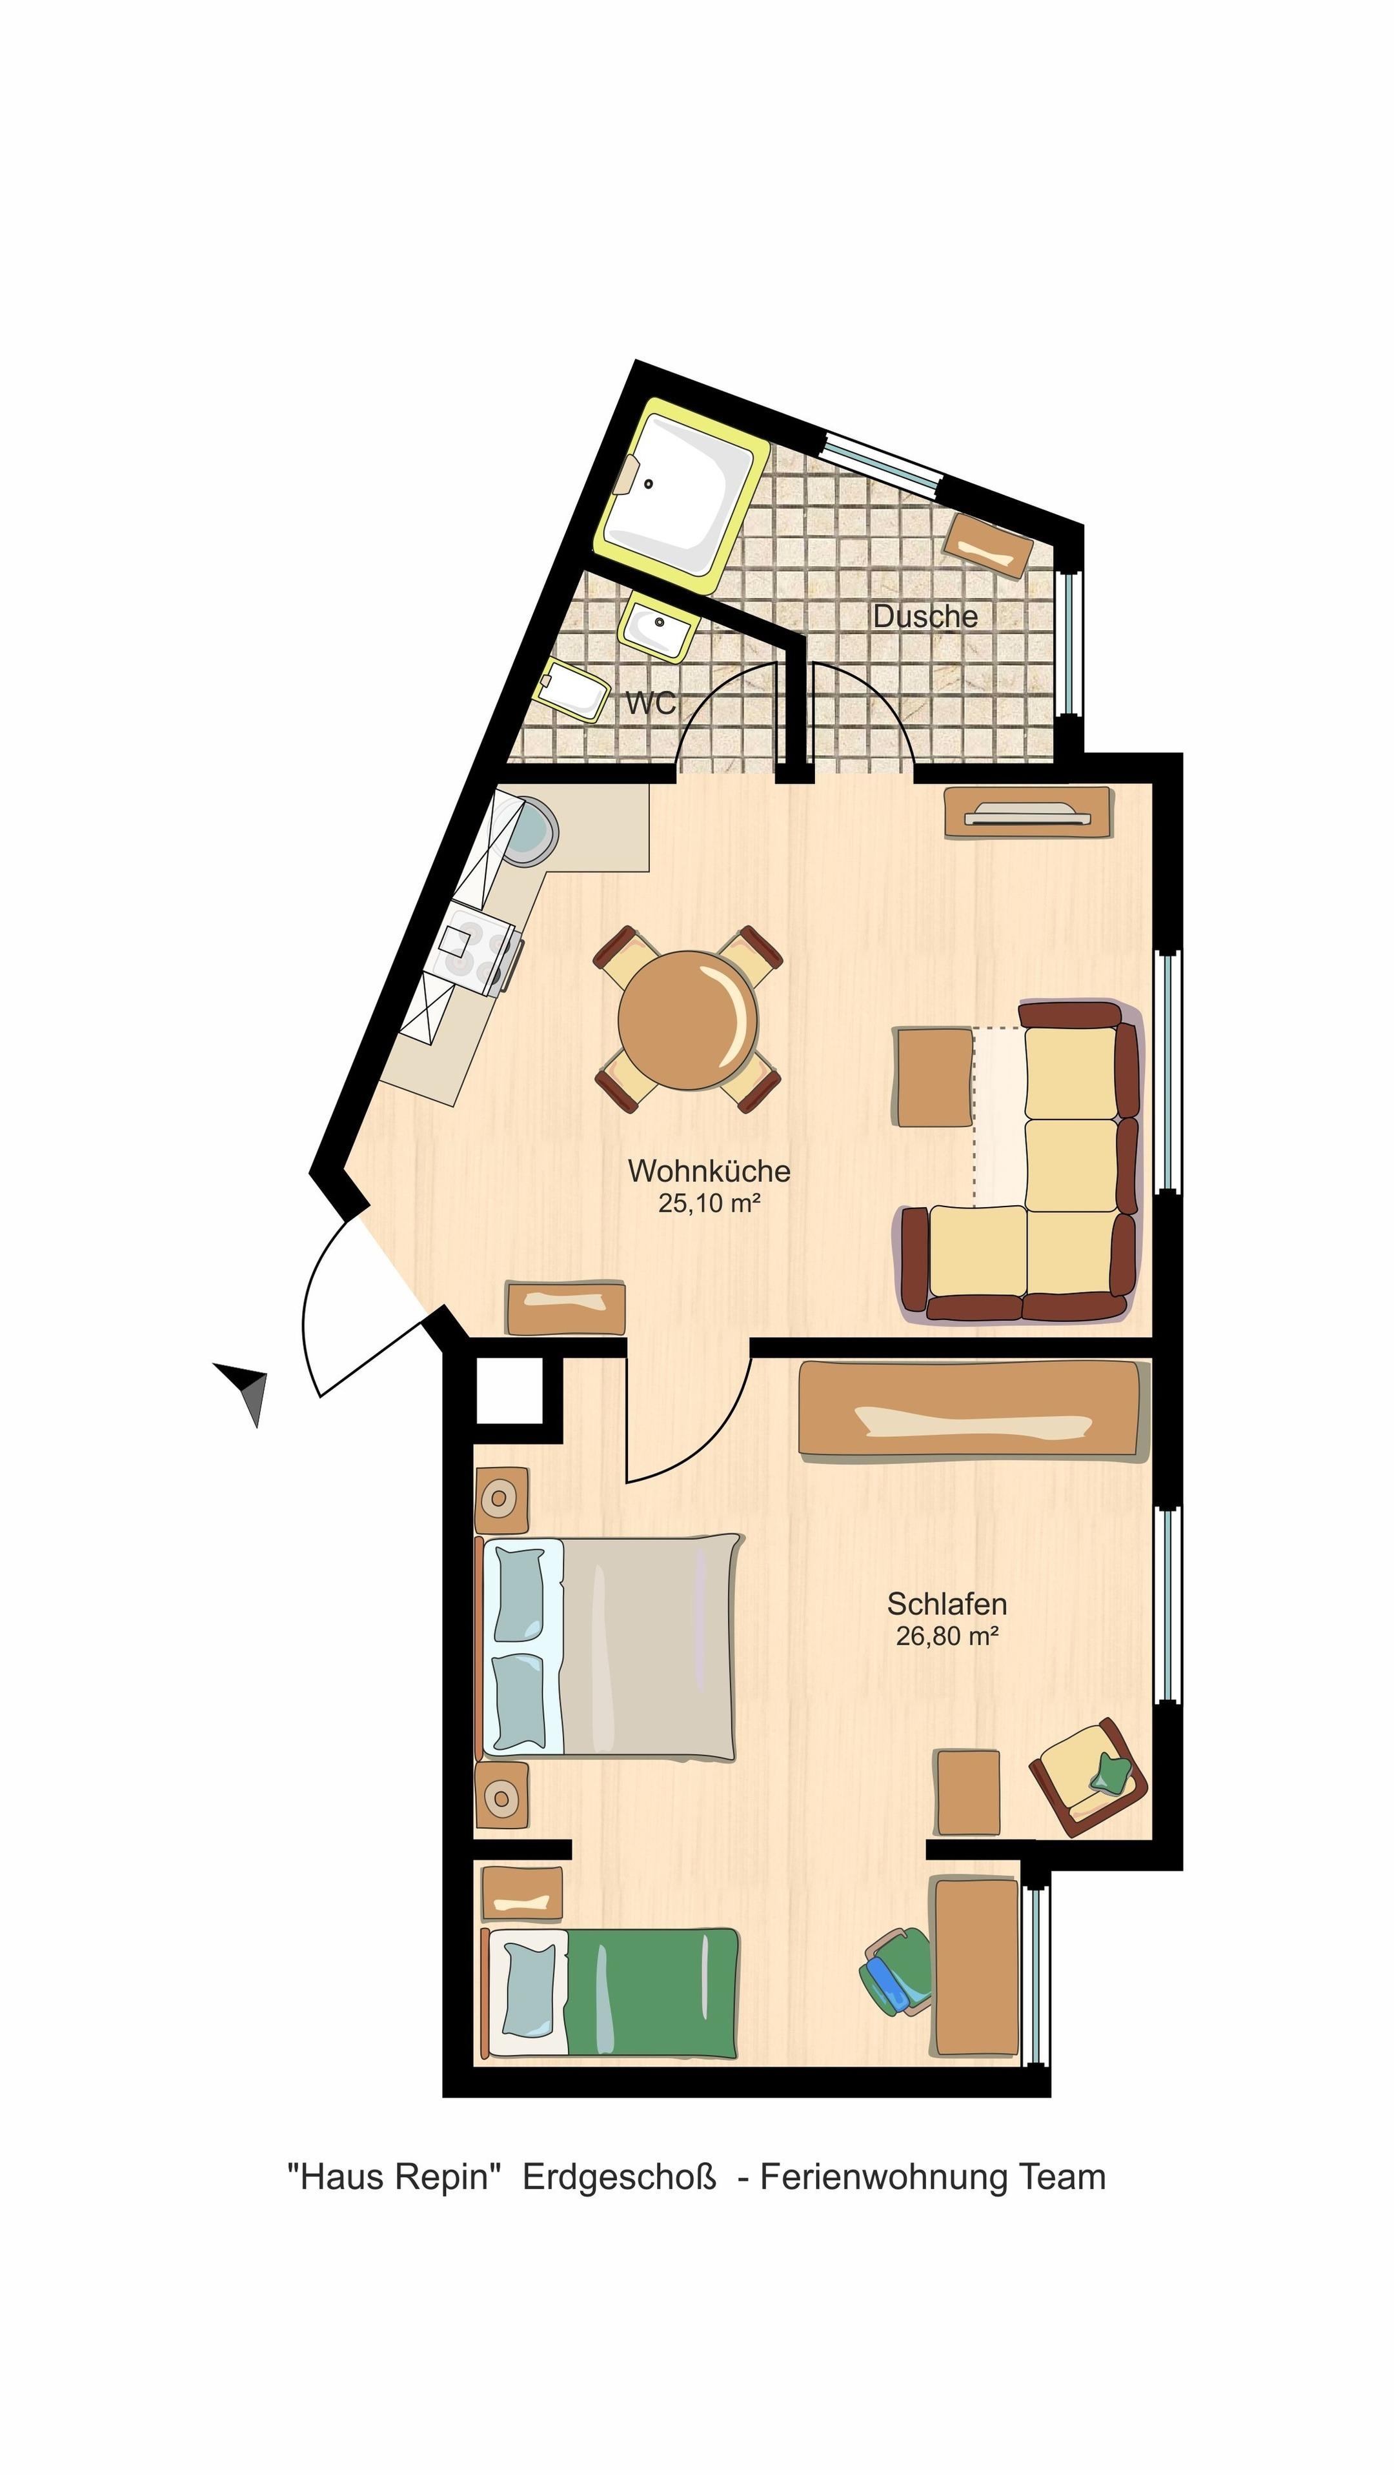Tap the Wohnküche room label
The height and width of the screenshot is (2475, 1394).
click(x=709, y=1171)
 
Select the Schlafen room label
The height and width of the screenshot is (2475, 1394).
click(x=946, y=1603)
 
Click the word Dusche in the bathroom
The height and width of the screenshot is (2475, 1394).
click(x=925, y=617)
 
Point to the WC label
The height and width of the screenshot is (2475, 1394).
click(x=651, y=703)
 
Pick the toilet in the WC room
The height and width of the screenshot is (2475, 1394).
click(x=572, y=688)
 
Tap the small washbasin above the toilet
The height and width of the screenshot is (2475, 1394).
click(x=658, y=626)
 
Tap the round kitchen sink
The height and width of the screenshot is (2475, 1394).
click(x=531, y=829)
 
